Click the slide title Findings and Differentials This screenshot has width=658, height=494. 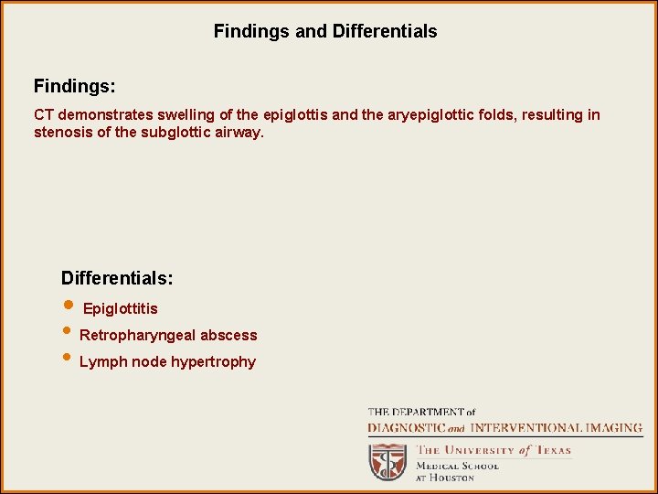pos(325,31)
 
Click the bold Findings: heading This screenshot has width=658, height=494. pos(75,86)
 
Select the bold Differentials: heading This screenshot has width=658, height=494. pos(117,277)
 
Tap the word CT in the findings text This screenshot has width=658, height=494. pos(44,115)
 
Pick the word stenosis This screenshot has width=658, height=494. pos(60,133)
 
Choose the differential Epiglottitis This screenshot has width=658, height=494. pos(120,309)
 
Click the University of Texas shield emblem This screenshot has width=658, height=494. pos(387,461)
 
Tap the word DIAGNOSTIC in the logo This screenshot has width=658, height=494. pos(406,428)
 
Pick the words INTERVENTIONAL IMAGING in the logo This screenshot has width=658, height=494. pos(556,428)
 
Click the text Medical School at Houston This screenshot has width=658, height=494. pos(457,471)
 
